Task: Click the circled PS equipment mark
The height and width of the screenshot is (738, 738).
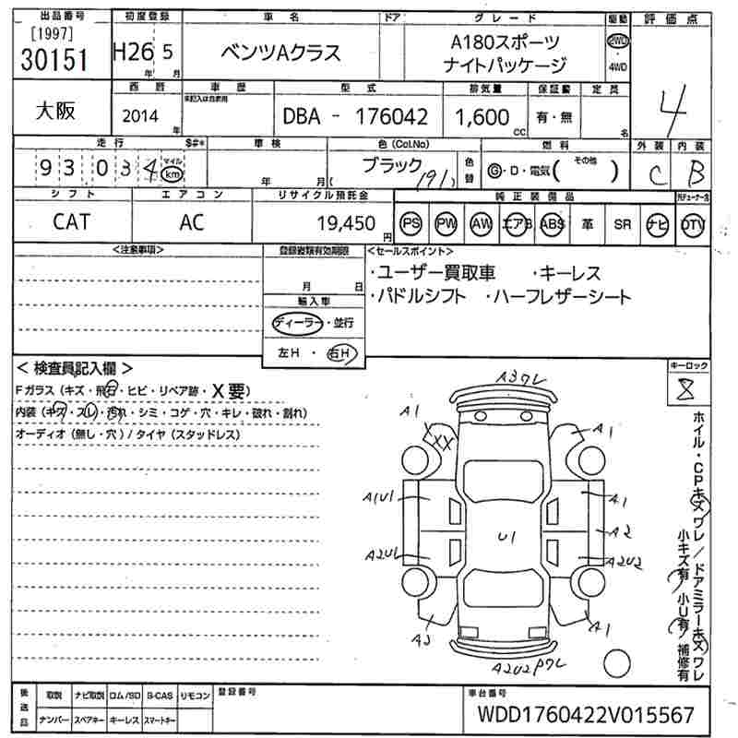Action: click(411, 224)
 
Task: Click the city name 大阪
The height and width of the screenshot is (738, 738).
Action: click(55, 111)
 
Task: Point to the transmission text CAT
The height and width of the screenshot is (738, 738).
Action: click(71, 222)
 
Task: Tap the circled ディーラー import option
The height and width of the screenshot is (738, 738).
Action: click(296, 322)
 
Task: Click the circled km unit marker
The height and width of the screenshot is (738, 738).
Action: click(171, 173)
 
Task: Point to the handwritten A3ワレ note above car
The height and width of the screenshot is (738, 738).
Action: click(523, 376)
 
